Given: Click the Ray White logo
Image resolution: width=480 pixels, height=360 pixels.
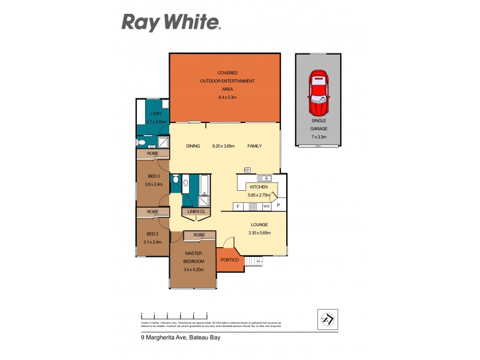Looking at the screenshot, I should [172, 23].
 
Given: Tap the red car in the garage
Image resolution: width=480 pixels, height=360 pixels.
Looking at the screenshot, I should [318, 94].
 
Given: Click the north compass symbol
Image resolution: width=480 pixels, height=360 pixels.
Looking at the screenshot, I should [327, 319].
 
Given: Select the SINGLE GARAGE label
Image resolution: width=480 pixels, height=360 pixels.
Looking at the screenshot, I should [319, 124].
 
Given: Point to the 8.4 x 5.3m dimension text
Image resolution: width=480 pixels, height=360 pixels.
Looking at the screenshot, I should [227, 97].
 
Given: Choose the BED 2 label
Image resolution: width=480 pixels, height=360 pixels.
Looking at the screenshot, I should [152, 233].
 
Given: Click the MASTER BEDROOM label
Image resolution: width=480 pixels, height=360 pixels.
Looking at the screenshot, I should [193, 257].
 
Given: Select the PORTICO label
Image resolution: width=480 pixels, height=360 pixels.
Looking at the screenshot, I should [230, 260].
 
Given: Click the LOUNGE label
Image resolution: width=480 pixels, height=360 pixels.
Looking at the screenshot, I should [259, 224].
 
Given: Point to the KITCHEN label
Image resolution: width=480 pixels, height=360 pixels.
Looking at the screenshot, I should [259, 187].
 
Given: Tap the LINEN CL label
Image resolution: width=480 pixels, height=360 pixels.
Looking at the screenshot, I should [196, 212].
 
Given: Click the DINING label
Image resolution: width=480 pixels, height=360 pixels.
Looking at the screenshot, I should [193, 146].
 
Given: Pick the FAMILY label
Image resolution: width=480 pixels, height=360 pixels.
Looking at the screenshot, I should [254, 146].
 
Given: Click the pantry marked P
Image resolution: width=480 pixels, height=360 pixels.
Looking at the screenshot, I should [278, 206].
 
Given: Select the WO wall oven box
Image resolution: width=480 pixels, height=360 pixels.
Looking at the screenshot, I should [266, 206].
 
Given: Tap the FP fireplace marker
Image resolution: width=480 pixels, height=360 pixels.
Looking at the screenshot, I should [247, 170].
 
